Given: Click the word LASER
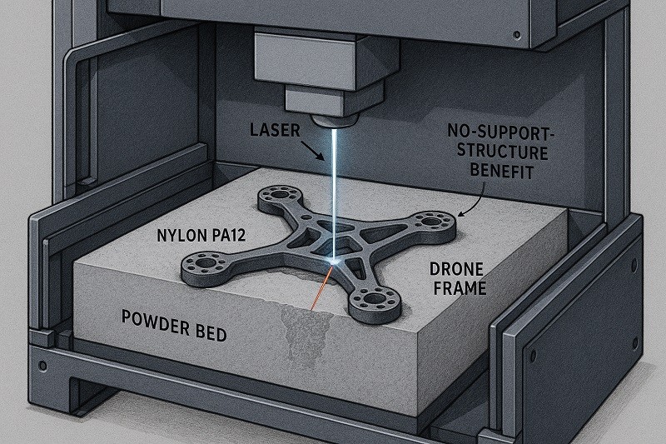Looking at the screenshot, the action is (x=275, y=130).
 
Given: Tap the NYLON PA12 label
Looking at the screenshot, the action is (x=201, y=236).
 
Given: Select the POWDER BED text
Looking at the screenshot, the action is (x=174, y=326).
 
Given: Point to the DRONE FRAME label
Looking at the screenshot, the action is (x=457, y=279).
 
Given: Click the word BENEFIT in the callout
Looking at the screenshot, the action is (x=502, y=171).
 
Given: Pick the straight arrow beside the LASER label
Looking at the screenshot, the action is (x=314, y=150).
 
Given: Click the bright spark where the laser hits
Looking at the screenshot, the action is (x=335, y=262).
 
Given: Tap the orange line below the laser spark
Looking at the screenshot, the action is (x=321, y=288).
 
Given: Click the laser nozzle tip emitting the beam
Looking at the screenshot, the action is (x=335, y=122).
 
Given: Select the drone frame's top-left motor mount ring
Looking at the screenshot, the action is (x=279, y=196).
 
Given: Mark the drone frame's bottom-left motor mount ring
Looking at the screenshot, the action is (x=206, y=263).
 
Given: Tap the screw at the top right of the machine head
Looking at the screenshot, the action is (x=516, y=34).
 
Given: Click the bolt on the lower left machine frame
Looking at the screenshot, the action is (x=43, y=366).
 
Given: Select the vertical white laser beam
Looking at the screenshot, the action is (x=335, y=193).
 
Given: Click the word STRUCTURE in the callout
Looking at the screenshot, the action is (x=502, y=152).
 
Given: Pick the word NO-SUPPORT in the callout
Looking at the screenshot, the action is (x=499, y=133).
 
